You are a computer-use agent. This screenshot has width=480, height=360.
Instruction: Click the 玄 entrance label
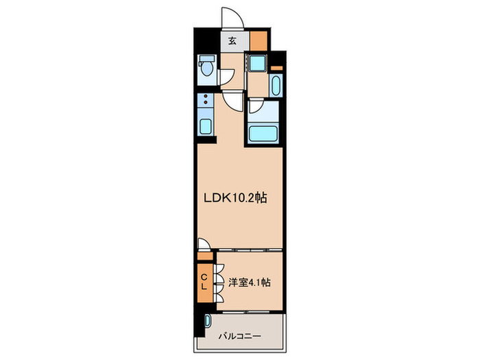232,40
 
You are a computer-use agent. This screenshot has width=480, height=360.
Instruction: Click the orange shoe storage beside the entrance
258,40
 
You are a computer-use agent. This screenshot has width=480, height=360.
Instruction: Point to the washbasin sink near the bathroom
275,86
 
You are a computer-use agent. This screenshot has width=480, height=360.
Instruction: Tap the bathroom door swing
255,106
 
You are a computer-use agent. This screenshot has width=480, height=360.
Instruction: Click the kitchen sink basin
205,125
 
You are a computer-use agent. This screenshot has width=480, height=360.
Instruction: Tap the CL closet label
204,282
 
